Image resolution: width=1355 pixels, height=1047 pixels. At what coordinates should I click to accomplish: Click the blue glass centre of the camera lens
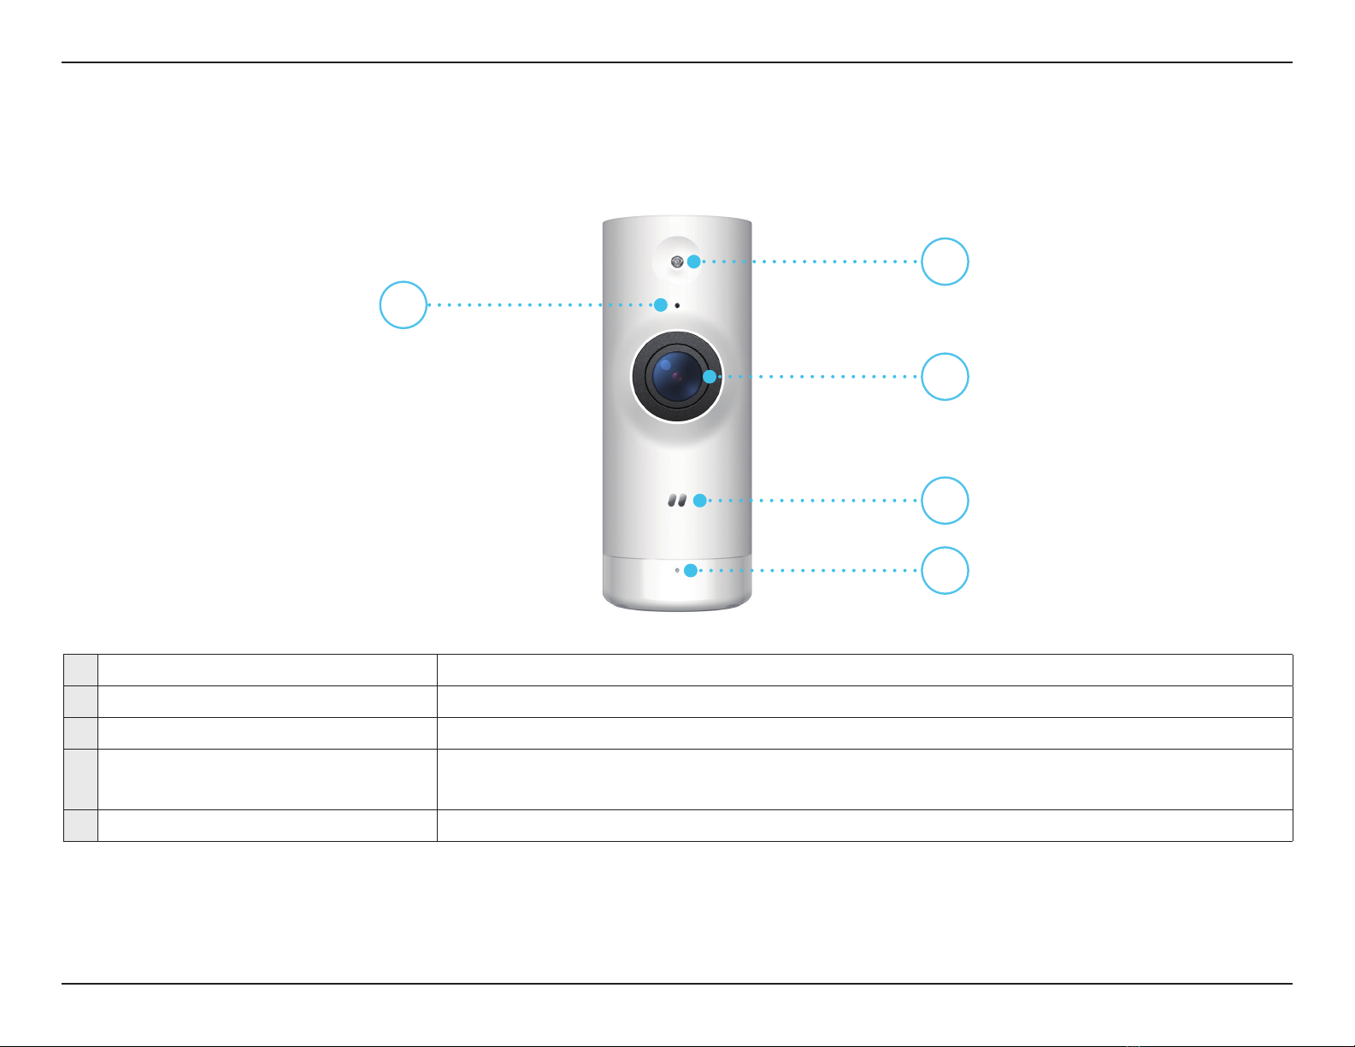pyautogui.click(x=675, y=376)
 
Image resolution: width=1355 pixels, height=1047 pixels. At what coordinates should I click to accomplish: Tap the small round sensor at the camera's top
pyautogui.click(x=676, y=262)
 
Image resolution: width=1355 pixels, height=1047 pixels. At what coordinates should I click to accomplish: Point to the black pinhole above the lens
pyautogui.click(x=677, y=305)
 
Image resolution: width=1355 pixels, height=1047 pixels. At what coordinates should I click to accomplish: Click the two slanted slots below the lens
pyautogui.click(x=677, y=501)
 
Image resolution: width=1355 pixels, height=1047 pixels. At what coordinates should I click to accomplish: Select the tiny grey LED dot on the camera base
pyautogui.click(x=677, y=570)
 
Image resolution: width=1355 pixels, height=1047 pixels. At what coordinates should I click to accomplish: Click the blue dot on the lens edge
pyautogui.click(x=710, y=376)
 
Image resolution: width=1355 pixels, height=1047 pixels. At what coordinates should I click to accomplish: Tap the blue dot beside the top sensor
pyautogui.click(x=693, y=262)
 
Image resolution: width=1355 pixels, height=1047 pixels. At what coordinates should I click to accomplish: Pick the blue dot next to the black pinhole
pyautogui.click(x=661, y=304)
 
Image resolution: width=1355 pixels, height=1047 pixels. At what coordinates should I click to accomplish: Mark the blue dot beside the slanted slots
pyautogui.click(x=700, y=501)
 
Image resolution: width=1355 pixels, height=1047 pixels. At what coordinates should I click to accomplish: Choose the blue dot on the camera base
pyautogui.click(x=690, y=570)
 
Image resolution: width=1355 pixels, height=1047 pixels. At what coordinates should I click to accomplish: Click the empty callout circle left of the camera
pyautogui.click(x=404, y=304)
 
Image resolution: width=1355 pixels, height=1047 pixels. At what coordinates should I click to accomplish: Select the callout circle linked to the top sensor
pyautogui.click(x=945, y=262)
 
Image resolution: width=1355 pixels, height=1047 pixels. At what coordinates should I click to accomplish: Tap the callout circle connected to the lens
pyautogui.click(x=945, y=376)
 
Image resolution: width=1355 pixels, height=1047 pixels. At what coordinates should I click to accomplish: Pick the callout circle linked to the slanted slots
pyautogui.click(x=945, y=501)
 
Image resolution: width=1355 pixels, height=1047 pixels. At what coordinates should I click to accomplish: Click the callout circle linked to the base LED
pyautogui.click(x=945, y=570)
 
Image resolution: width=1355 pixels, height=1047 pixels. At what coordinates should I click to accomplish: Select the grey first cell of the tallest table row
pyautogui.click(x=80, y=779)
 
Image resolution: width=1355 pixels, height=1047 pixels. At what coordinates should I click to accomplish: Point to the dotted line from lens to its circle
pyautogui.click(x=821, y=376)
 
